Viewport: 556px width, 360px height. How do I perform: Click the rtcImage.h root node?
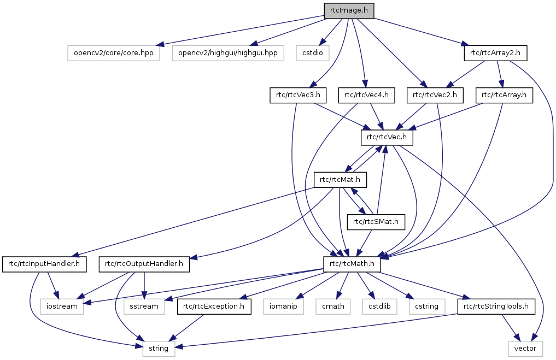coord(349,11)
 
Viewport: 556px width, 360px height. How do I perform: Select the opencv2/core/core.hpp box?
coord(114,53)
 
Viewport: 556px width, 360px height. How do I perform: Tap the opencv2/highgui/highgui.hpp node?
coord(227,53)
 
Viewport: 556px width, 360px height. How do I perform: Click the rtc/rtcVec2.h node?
coord(435,96)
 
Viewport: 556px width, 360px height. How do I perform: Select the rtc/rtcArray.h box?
coord(504,96)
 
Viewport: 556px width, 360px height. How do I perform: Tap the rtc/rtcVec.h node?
coord(387,137)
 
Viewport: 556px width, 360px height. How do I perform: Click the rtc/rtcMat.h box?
coord(340,179)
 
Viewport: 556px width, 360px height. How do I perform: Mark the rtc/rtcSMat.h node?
coord(376,221)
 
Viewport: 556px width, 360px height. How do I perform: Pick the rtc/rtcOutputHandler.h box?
coord(144,264)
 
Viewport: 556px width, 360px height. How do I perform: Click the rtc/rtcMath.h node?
coord(352,264)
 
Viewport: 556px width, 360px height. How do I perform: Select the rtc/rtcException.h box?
coord(214,306)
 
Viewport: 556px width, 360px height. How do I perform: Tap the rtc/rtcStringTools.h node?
coord(496,306)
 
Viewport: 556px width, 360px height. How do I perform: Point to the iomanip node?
coord(283,306)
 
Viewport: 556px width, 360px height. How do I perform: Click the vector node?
coord(525,348)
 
